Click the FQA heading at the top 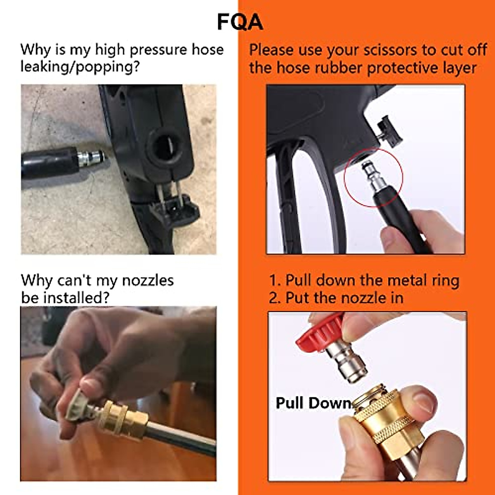(x=240, y=22)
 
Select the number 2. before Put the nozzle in (x=275, y=298)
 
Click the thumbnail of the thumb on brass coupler (x=422, y=397)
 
